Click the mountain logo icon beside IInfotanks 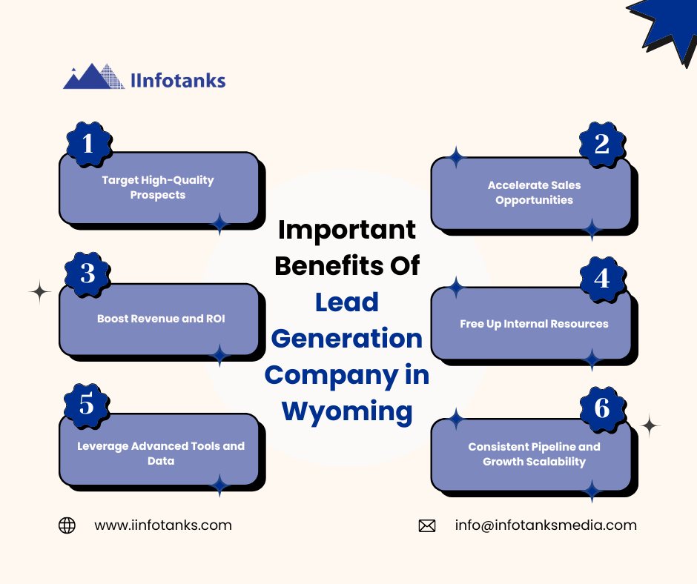[93, 76]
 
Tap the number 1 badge [89, 144]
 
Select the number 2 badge [602, 145]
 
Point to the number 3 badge [87, 273]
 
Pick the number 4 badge [603, 279]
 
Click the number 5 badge [87, 405]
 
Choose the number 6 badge [603, 409]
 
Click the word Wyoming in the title [347, 411]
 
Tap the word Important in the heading [347, 230]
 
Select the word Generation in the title [347, 339]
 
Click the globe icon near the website [67, 525]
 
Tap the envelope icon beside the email [427, 525]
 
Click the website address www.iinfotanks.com [163, 525]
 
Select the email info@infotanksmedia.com [546, 525]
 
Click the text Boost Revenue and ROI [161, 319]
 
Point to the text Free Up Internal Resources [535, 324]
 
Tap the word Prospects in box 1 [158, 195]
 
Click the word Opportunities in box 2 [535, 200]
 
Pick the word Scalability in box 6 [556, 462]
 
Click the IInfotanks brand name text [178, 81]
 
